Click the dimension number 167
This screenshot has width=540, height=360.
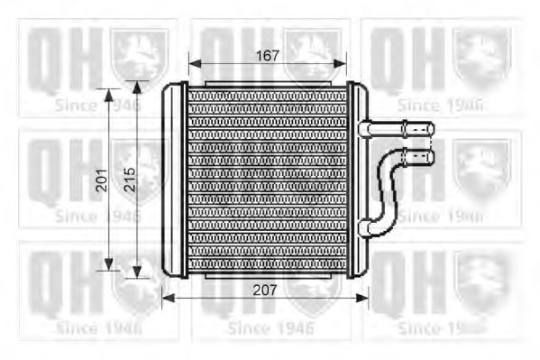[x=268, y=54]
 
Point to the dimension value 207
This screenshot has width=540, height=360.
[x=265, y=291]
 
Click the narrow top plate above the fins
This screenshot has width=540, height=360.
[x=268, y=84]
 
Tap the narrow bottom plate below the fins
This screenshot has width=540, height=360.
[x=268, y=272]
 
